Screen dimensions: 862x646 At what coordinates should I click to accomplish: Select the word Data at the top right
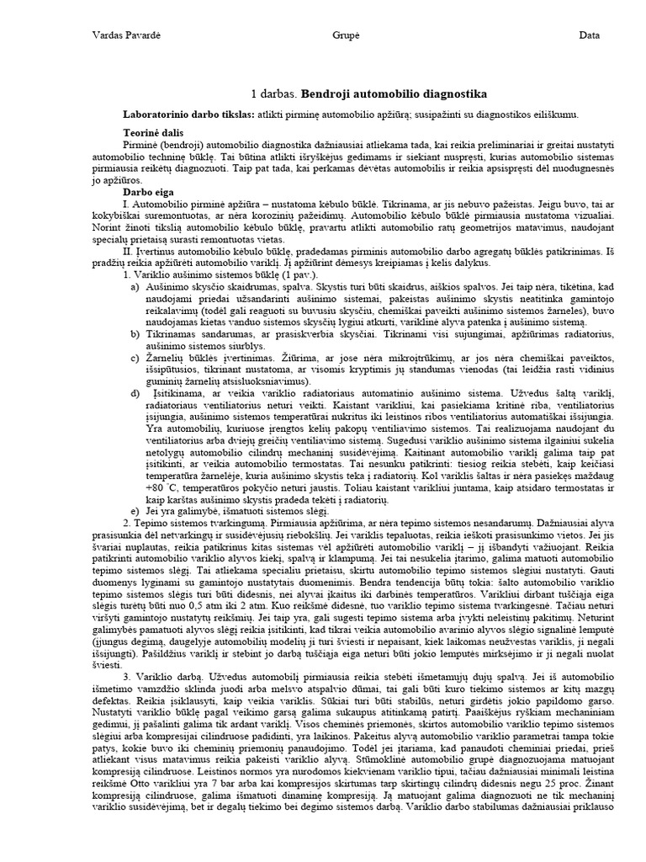[x=589, y=35]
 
